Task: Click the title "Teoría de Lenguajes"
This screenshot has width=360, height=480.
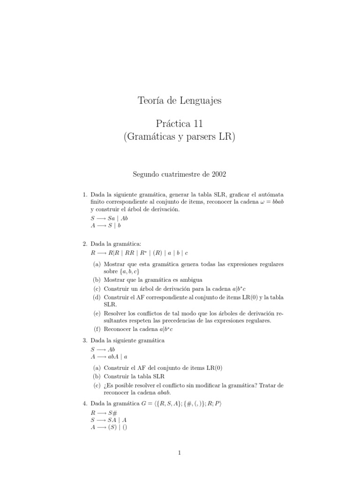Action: (x=180, y=100)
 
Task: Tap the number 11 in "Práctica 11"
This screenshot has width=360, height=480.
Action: (x=196, y=124)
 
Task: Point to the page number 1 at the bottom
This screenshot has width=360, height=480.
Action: (x=180, y=452)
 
